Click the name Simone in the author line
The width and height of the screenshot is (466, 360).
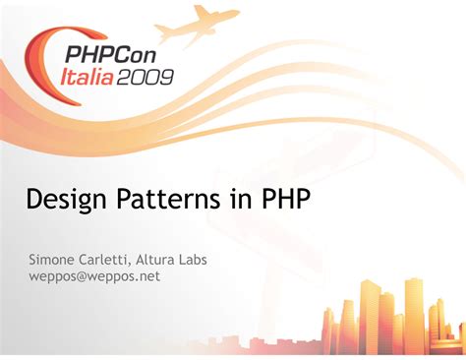click(50, 260)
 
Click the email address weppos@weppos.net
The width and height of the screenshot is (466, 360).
click(94, 276)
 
